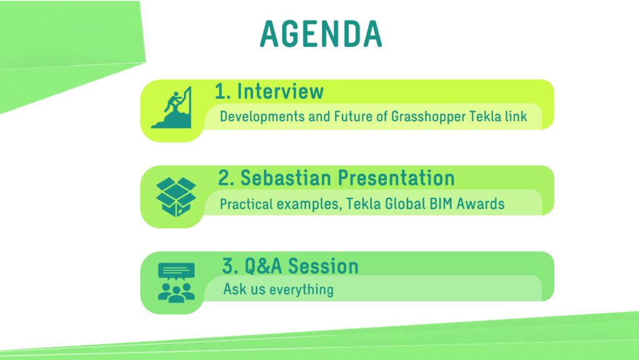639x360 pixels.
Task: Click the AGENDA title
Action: pos(321,34)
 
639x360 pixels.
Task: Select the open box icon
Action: pos(176,197)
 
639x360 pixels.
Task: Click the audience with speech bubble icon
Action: pos(176,283)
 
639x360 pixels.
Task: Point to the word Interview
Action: pos(280,91)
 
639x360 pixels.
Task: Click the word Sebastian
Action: pos(285,178)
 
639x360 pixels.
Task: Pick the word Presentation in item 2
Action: pos(396,178)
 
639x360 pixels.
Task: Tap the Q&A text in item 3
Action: pos(263,266)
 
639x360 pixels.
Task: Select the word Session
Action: pos(324,266)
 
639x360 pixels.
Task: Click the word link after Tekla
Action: pos(516,117)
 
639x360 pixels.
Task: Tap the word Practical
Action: pos(246,203)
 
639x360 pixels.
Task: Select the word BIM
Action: pos(441,203)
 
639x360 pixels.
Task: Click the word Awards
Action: pos(480,203)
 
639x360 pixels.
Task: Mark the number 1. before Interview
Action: pos(223,91)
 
